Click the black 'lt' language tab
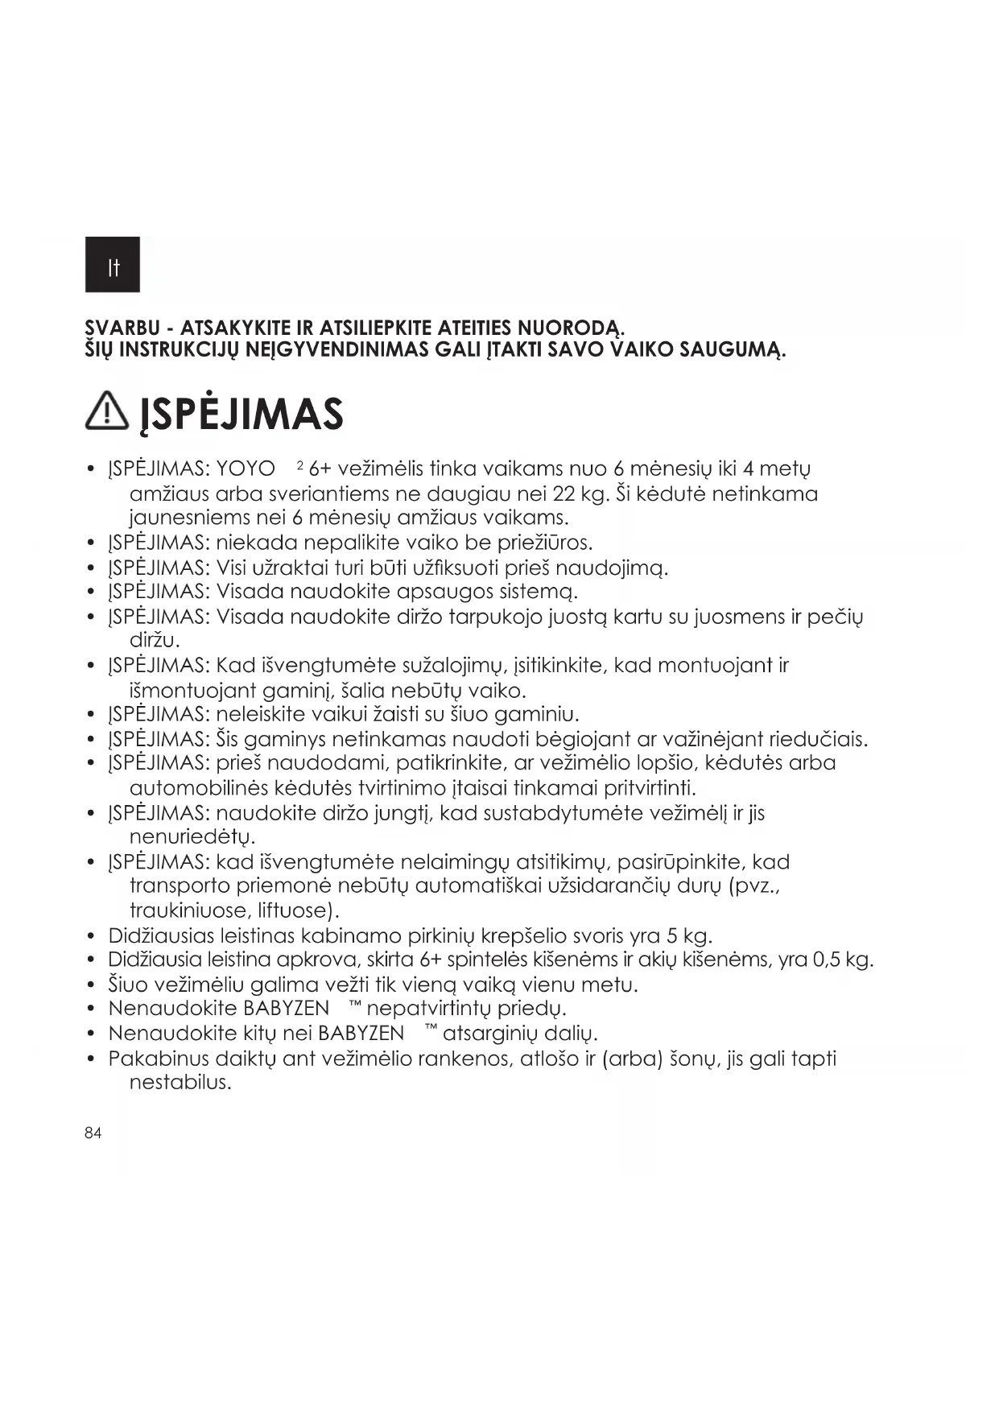point(113,264)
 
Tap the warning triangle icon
point(106,414)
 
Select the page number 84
point(93,1133)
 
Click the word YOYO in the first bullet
point(246,469)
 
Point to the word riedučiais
point(819,739)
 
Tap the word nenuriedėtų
point(192,837)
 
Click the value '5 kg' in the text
point(689,936)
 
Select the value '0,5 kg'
point(844,960)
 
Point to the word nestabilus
point(180,1083)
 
